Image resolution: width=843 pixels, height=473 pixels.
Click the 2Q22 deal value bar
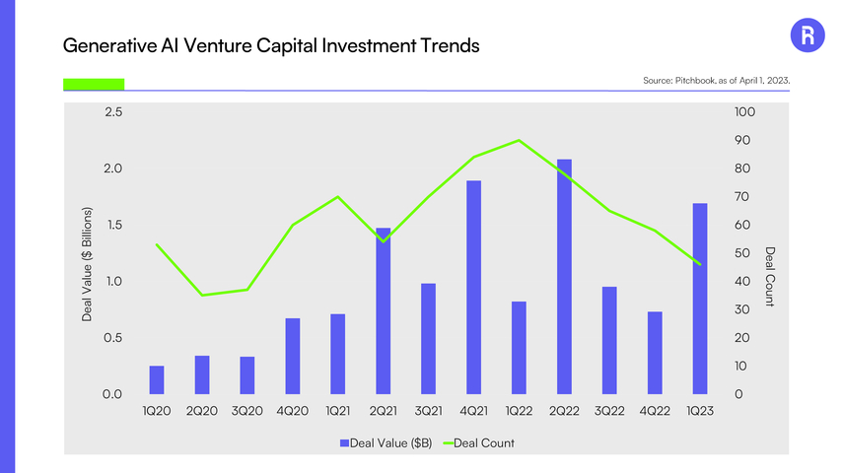[564, 276]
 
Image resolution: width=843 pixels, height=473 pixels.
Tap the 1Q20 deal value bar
[156, 379]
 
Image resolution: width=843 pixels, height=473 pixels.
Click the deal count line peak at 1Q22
[519, 140]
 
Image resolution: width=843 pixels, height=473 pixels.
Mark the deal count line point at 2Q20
[201, 296]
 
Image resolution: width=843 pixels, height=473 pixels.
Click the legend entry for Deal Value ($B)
[386, 442]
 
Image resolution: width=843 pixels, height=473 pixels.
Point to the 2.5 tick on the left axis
[112, 112]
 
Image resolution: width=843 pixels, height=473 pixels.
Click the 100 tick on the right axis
[744, 112]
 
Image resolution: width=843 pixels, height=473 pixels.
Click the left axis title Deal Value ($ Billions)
[87, 264]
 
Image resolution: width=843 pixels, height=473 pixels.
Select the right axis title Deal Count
[770, 276]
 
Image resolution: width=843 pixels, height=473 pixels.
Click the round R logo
[808, 36]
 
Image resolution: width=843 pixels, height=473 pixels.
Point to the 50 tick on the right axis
[741, 253]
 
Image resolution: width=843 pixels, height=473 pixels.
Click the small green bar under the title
[93, 84]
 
